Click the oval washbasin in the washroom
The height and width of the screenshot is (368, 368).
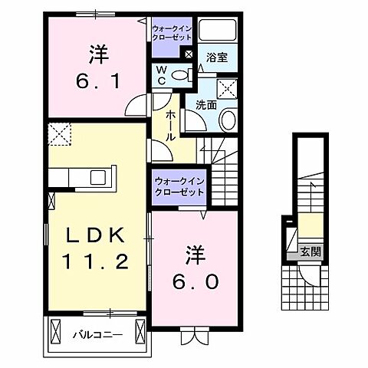tap(228, 120)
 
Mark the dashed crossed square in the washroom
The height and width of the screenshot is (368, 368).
tap(227, 87)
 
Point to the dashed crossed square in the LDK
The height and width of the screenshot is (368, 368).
tap(59, 135)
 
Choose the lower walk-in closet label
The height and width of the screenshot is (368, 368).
tap(176, 186)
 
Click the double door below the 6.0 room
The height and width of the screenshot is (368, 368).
tap(192, 334)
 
